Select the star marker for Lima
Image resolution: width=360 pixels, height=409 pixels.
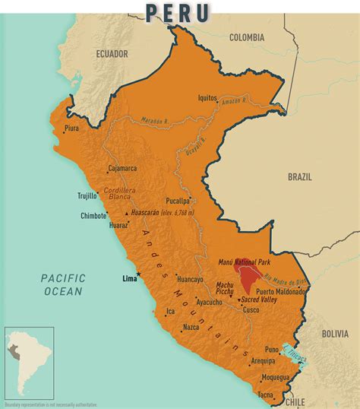[x=138, y=274]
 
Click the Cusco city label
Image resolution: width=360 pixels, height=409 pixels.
[x=251, y=310]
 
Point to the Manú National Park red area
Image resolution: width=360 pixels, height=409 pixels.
[x=248, y=277]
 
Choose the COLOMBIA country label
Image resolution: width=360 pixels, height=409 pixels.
[x=247, y=37]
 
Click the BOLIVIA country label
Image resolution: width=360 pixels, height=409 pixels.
[x=333, y=333]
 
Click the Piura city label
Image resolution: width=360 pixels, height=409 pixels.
[x=72, y=128]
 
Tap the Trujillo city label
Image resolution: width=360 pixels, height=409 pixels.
[x=87, y=195]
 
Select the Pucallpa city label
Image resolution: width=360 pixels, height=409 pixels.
[x=173, y=201]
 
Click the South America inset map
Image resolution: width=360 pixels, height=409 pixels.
[x=30, y=363]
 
